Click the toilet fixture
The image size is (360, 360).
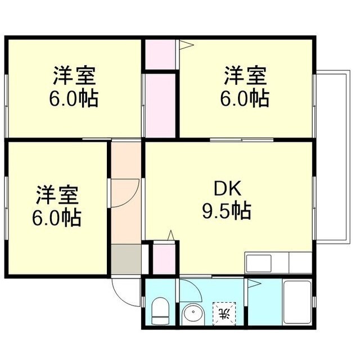[x=160, y=311]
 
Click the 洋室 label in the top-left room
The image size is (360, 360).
[x=74, y=74]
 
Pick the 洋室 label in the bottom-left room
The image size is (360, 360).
[x=57, y=195]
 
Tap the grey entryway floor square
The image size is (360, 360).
[x=126, y=258]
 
